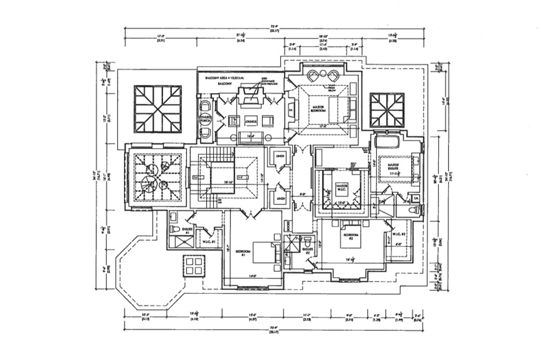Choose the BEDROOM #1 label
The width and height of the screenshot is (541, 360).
(244, 253)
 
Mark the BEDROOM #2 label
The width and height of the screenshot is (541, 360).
(347, 236)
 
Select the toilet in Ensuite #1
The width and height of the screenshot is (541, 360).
(174, 229)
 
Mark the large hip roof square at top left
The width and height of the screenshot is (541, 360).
(157, 109)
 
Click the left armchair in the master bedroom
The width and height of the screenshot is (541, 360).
(313, 75)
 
